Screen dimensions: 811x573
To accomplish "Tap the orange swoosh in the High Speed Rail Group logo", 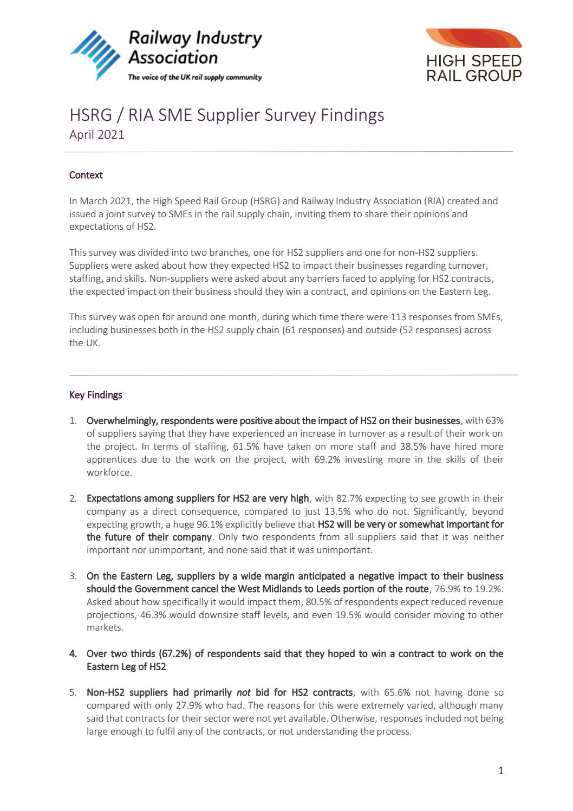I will click(473, 40).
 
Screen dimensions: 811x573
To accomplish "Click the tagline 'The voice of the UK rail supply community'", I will click(194, 77).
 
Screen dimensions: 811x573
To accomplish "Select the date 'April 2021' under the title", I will click(96, 134).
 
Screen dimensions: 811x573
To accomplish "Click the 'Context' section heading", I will click(86, 175).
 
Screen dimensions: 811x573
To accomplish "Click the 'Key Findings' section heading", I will click(95, 395).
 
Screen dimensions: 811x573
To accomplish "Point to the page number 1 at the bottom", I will click(500, 770).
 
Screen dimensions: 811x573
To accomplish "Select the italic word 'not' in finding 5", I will click(243, 692).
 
